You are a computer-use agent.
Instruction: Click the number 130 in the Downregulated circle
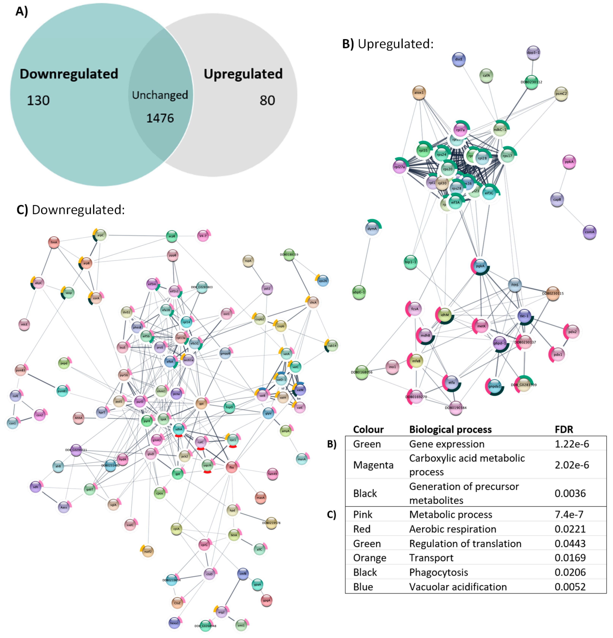(x=38, y=100)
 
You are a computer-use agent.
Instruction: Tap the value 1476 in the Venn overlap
(x=160, y=118)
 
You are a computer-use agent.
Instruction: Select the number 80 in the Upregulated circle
(x=267, y=100)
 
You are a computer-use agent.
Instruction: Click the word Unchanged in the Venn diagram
(x=160, y=95)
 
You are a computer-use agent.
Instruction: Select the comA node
(x=589, y=232)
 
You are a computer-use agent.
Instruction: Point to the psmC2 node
(x=561, y=94)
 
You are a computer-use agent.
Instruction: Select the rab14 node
(x=332, y=346)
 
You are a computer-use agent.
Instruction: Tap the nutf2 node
(x=148, y=551)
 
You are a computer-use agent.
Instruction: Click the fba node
(x=231, y=467)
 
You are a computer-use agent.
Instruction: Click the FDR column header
(x=563, y=429)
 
